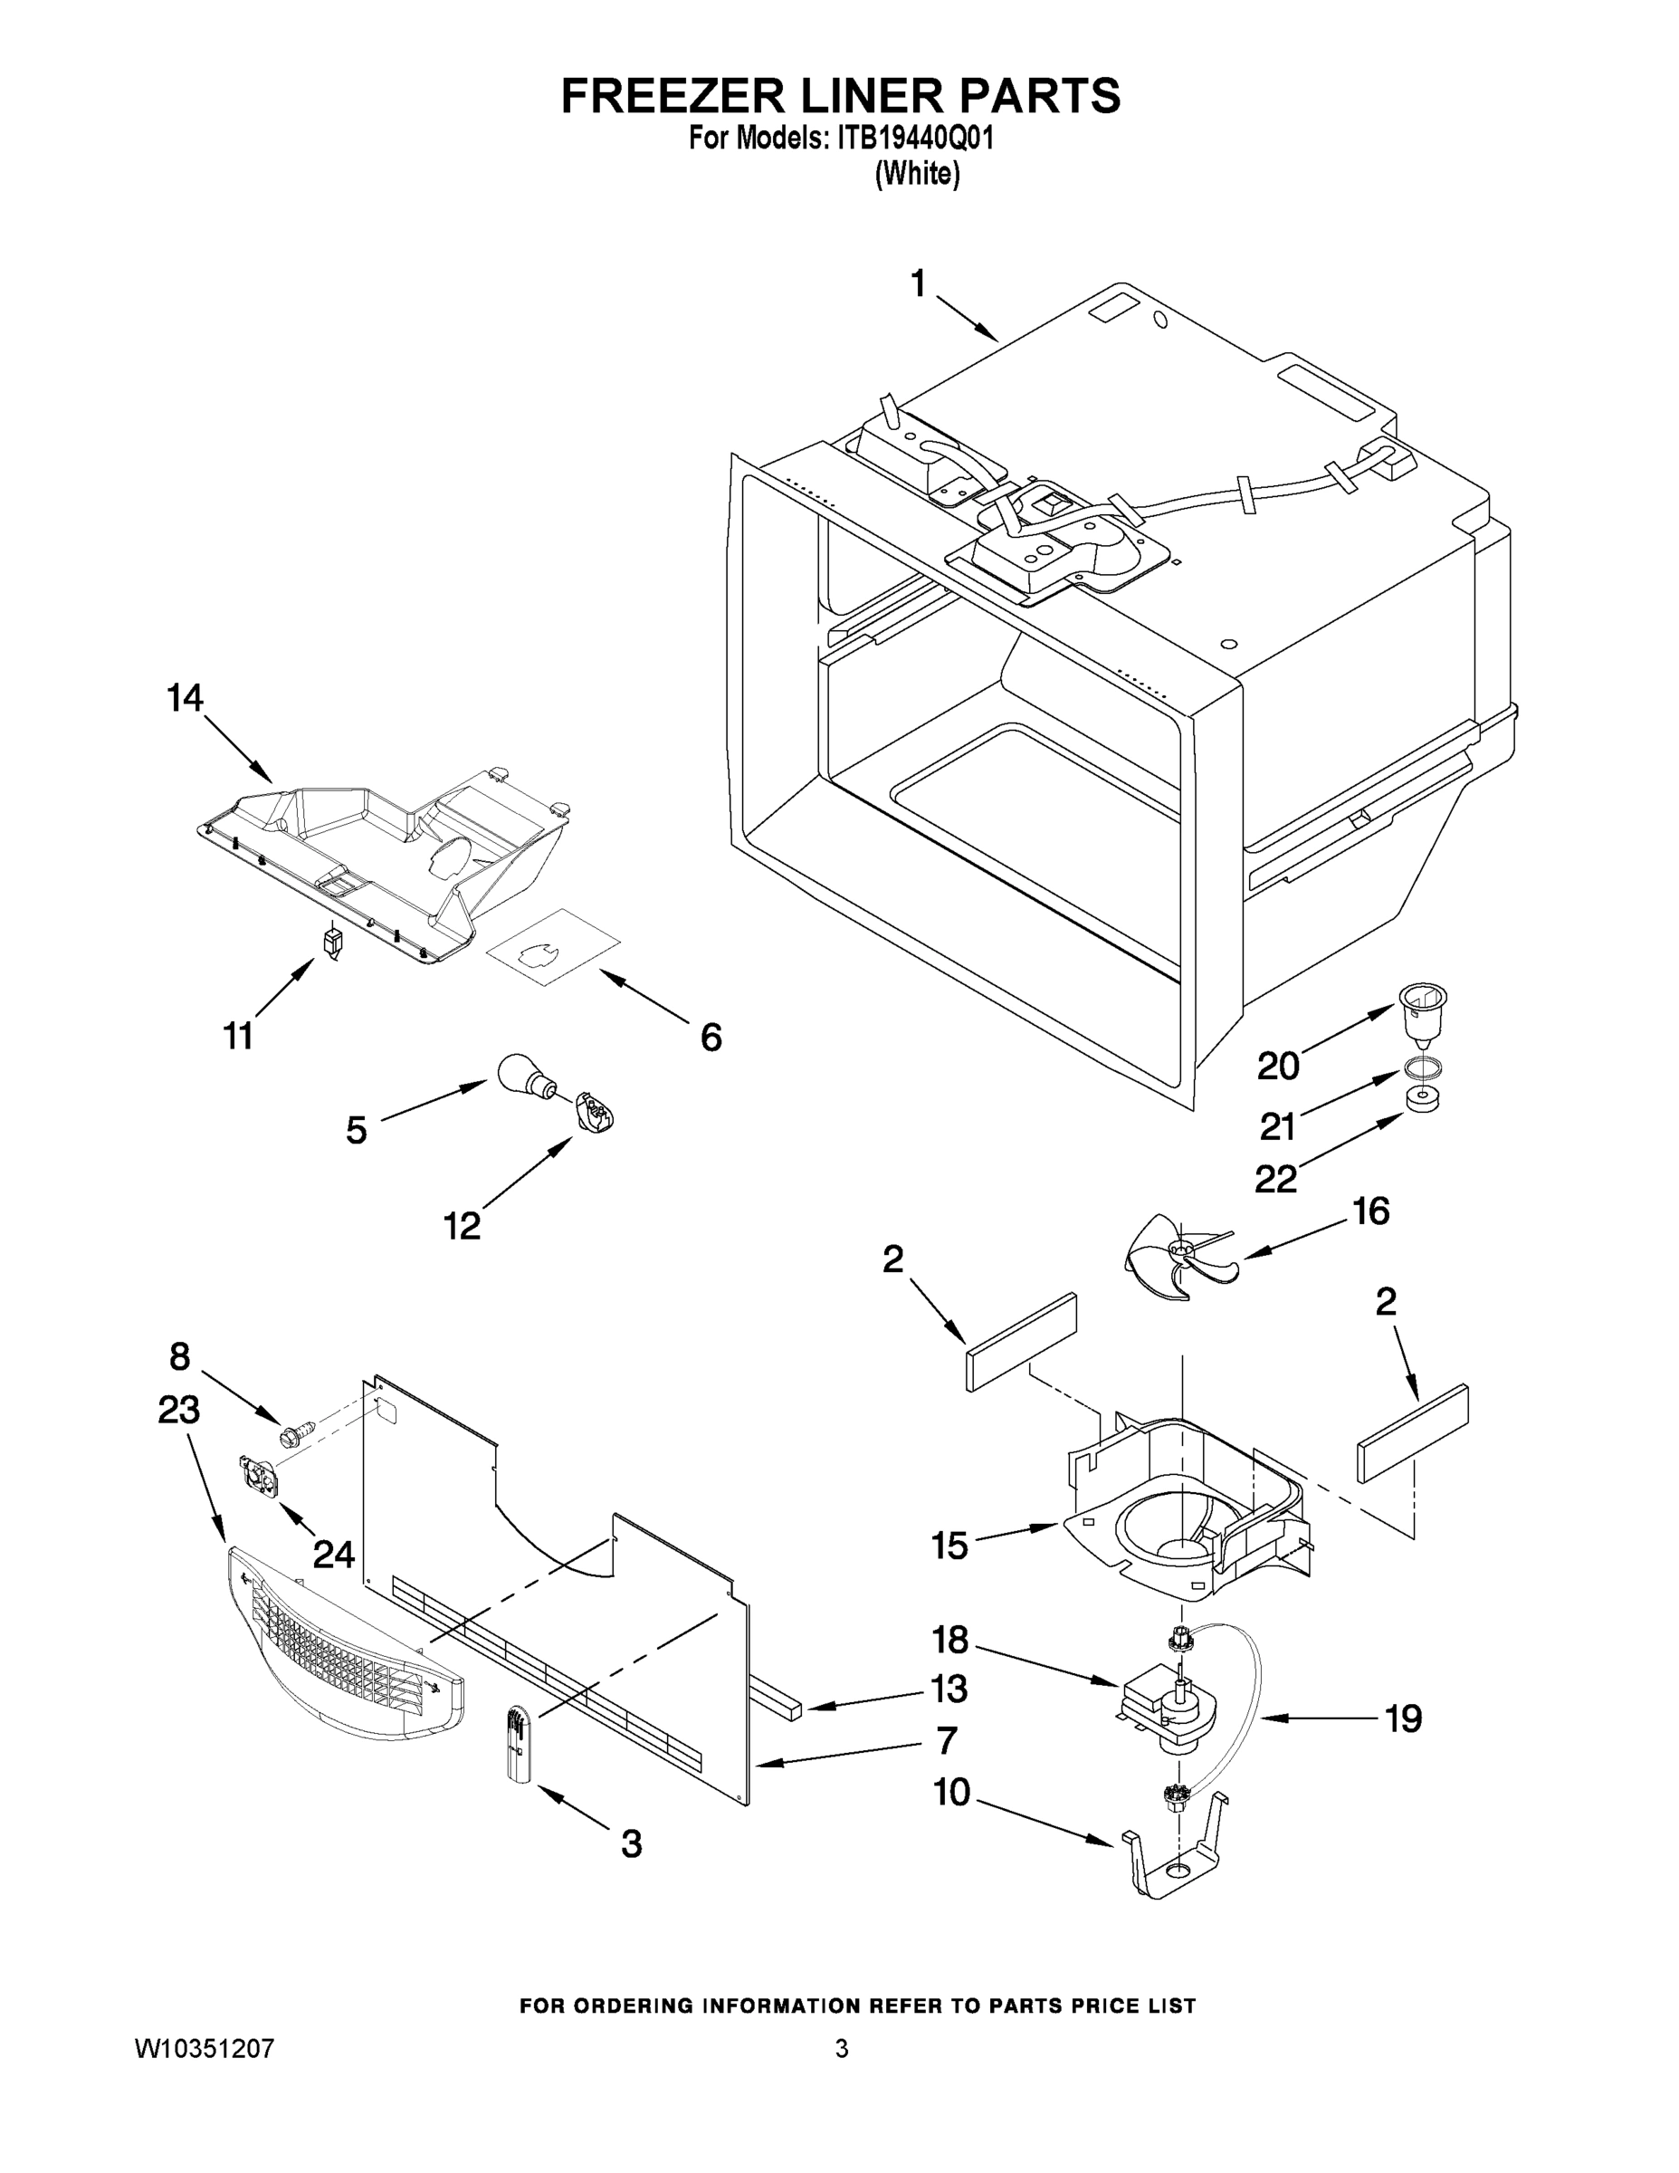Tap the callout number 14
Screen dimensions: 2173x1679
point(185,697)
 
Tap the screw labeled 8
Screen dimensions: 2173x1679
point(295,1435)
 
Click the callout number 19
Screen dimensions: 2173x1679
point(1404,1718)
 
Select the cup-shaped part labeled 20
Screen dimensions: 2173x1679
point(1422,1012)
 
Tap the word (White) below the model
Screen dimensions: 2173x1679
point(916,174)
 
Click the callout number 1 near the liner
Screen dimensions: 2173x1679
point(918,284)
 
